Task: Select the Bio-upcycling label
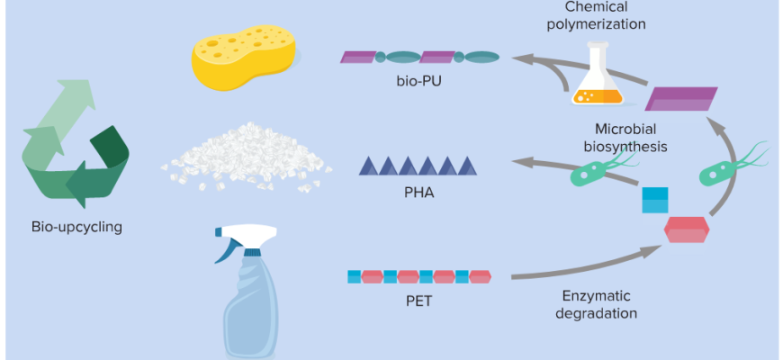(x=76, y=227)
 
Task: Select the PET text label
(x=419, y=300)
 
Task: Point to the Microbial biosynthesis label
(x=630, y=137)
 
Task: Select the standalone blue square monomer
(x=655, y=200)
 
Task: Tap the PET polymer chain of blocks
(x=419, y=275)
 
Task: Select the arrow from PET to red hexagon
(x=585, y=266)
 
